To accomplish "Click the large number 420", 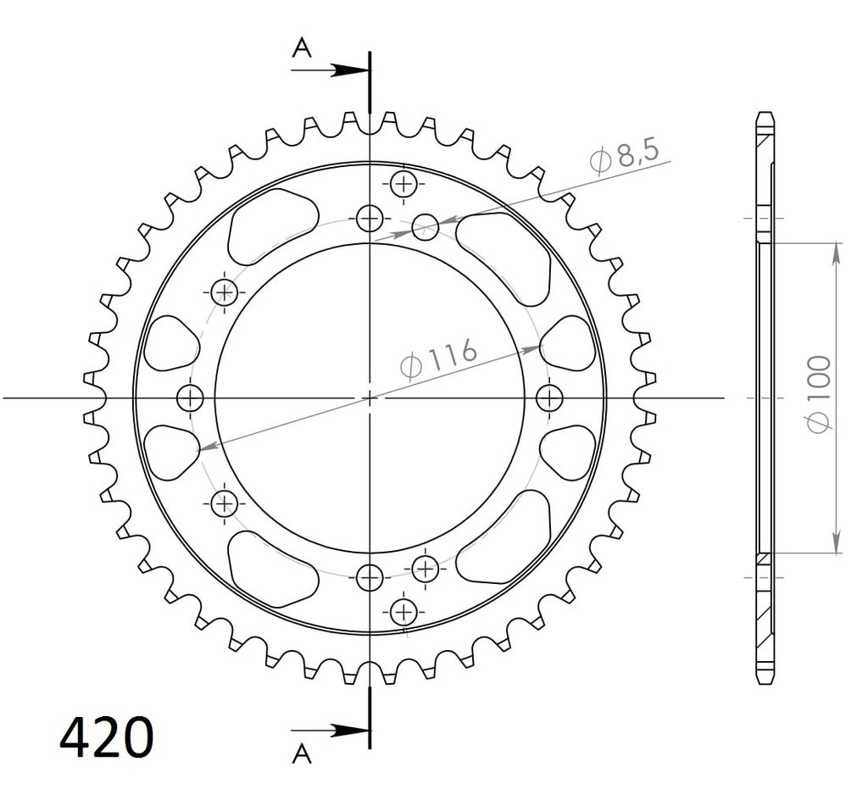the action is [106, 737].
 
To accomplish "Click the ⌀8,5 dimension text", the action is [624, 155].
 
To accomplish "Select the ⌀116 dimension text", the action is [438, 359].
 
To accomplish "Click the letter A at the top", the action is [302, 47].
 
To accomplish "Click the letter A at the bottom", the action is [302, 753].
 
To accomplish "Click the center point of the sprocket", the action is [370, 397].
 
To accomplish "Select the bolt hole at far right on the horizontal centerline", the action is [549, 397].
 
